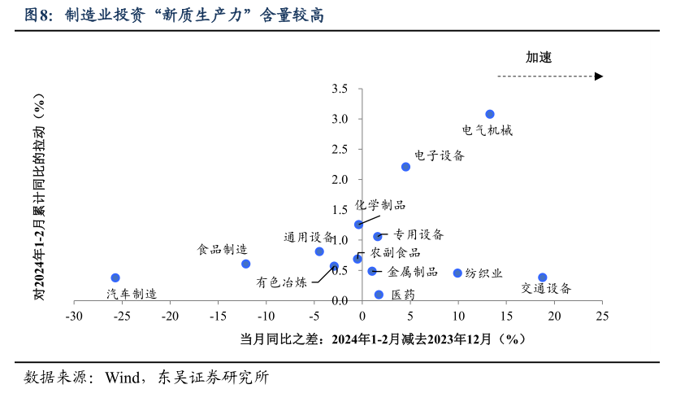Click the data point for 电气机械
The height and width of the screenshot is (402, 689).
pyautogui.click(x=490, y=115)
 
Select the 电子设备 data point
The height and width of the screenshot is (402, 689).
pyautogui.click(x=406, y=167)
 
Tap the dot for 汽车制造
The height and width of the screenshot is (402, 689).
pyautogui.click(x=115, y=278)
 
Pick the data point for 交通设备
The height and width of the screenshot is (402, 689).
pyautogui.click(x=543, y=277)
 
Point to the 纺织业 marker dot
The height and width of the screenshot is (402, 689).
pyautogui.click(x=457, y=273)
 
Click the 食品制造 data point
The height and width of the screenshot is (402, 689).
pyautogui.click(x=246, y=264)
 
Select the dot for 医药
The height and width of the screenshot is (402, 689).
pyautogui.click(x=379, y=295)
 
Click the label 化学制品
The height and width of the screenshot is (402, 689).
pyautogui.click(x=380, y=205)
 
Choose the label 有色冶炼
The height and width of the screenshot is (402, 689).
pyautogui.click(x=282, y=282)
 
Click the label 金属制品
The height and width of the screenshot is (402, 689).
pyautogui.click(x=413, y=272)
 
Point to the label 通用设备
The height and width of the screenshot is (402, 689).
pyautogui.click(x=309, y=238)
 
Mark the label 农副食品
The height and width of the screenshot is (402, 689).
pyautogui.click(x=396, y=253)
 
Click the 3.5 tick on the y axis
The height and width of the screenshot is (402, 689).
pyautogui.click(x=340, y=88)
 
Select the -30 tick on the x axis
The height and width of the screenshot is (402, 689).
pyautogui.click(x=74, y=315)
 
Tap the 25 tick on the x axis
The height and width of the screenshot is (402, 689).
pyautogui.click(x=601, y=315)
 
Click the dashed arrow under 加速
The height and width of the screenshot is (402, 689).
pyautogui.click(x=549, y=76)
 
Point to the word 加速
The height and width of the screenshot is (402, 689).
pyautogui.click(x=539, y=57)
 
